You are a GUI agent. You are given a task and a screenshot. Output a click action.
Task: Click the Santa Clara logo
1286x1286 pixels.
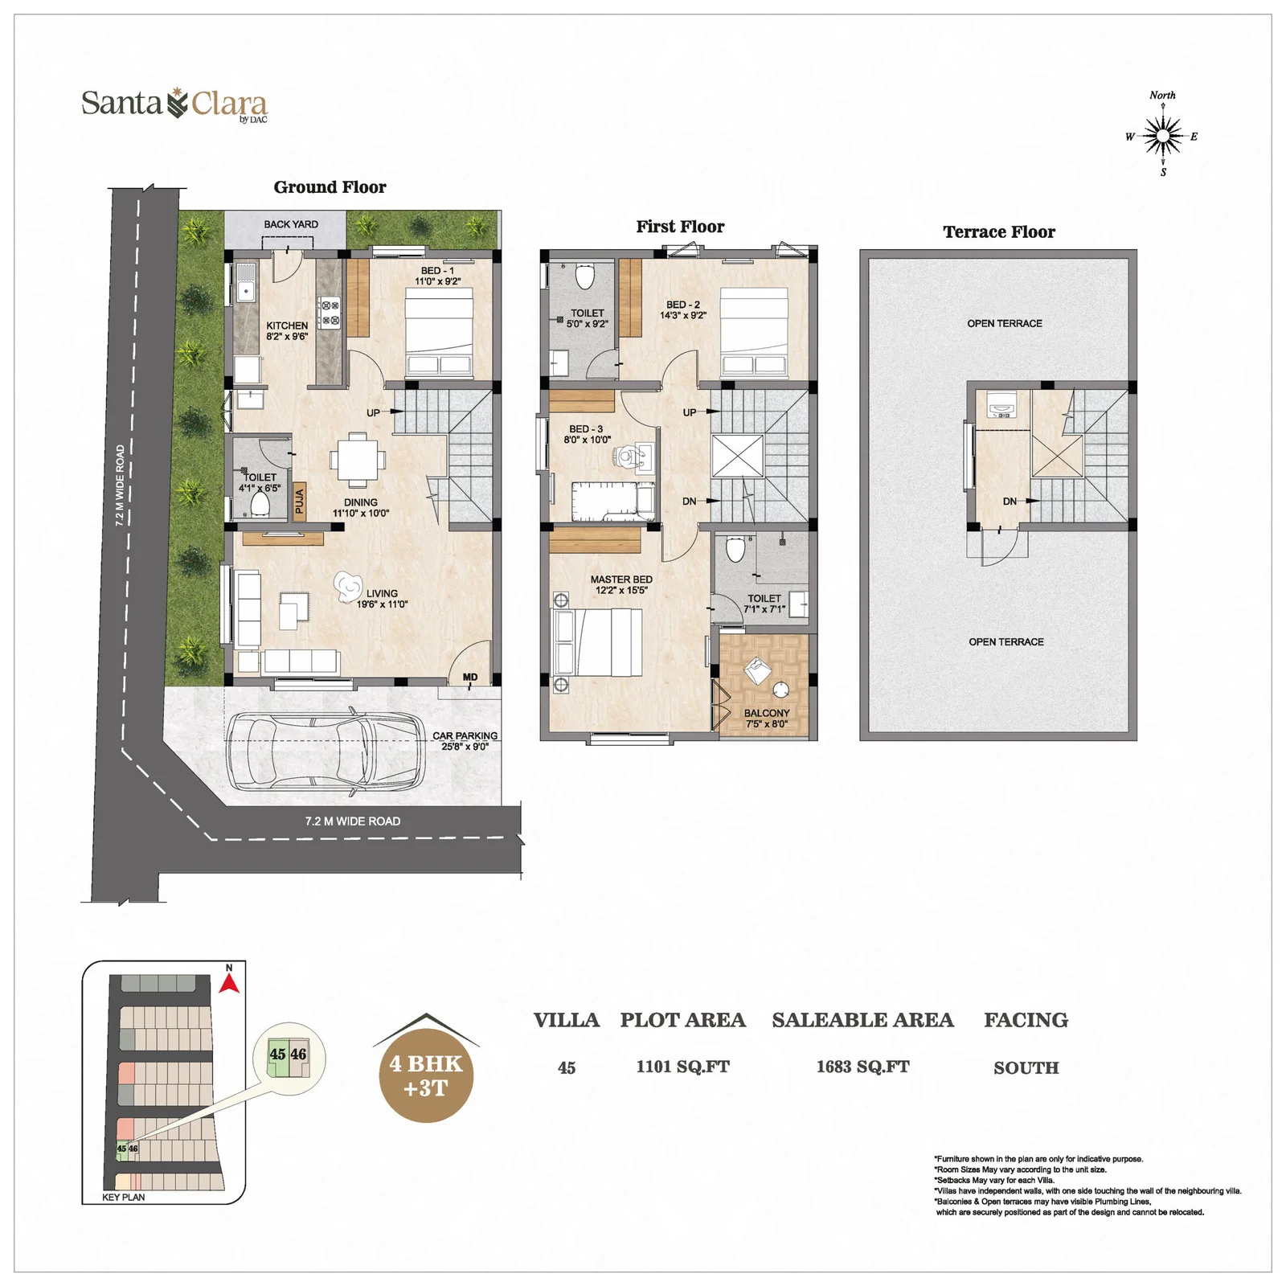pos(174,105)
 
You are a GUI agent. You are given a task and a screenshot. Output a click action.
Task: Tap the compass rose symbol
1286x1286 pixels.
pos(1162,135)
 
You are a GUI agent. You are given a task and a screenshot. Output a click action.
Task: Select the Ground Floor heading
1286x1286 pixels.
pos(330,187)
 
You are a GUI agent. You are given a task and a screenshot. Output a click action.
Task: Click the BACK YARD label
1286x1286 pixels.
pos(291,224)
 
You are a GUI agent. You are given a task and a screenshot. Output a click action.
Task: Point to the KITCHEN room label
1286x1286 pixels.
pos(287,326)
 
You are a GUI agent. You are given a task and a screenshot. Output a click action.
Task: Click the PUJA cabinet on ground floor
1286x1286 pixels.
pos(299,501)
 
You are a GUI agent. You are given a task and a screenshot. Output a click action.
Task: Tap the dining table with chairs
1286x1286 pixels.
pos(357,460)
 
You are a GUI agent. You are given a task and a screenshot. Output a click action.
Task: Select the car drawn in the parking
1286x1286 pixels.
pos(326,751)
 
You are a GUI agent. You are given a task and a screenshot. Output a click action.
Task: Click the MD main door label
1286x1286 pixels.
pos(470,678)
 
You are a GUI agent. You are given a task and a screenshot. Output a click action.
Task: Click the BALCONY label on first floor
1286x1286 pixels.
pos(767,713)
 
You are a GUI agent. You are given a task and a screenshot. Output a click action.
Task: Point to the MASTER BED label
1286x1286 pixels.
pos(621,580)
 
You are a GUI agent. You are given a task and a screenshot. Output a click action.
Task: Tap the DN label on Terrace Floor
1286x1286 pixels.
pos(1010,502)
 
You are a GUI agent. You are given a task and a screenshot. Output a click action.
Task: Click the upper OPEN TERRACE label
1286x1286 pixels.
pos(1005,323)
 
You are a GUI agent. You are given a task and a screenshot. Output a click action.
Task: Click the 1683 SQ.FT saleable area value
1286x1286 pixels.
pos(863,1067)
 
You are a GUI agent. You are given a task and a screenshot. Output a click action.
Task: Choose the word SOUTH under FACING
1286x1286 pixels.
pos(1026,1067)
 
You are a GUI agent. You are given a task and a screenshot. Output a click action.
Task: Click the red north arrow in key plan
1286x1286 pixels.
pos(230,983)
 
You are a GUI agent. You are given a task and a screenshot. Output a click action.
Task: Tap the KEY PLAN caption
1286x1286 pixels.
pos(124,1197)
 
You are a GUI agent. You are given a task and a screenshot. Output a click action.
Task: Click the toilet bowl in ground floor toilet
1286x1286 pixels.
pos(260,504)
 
